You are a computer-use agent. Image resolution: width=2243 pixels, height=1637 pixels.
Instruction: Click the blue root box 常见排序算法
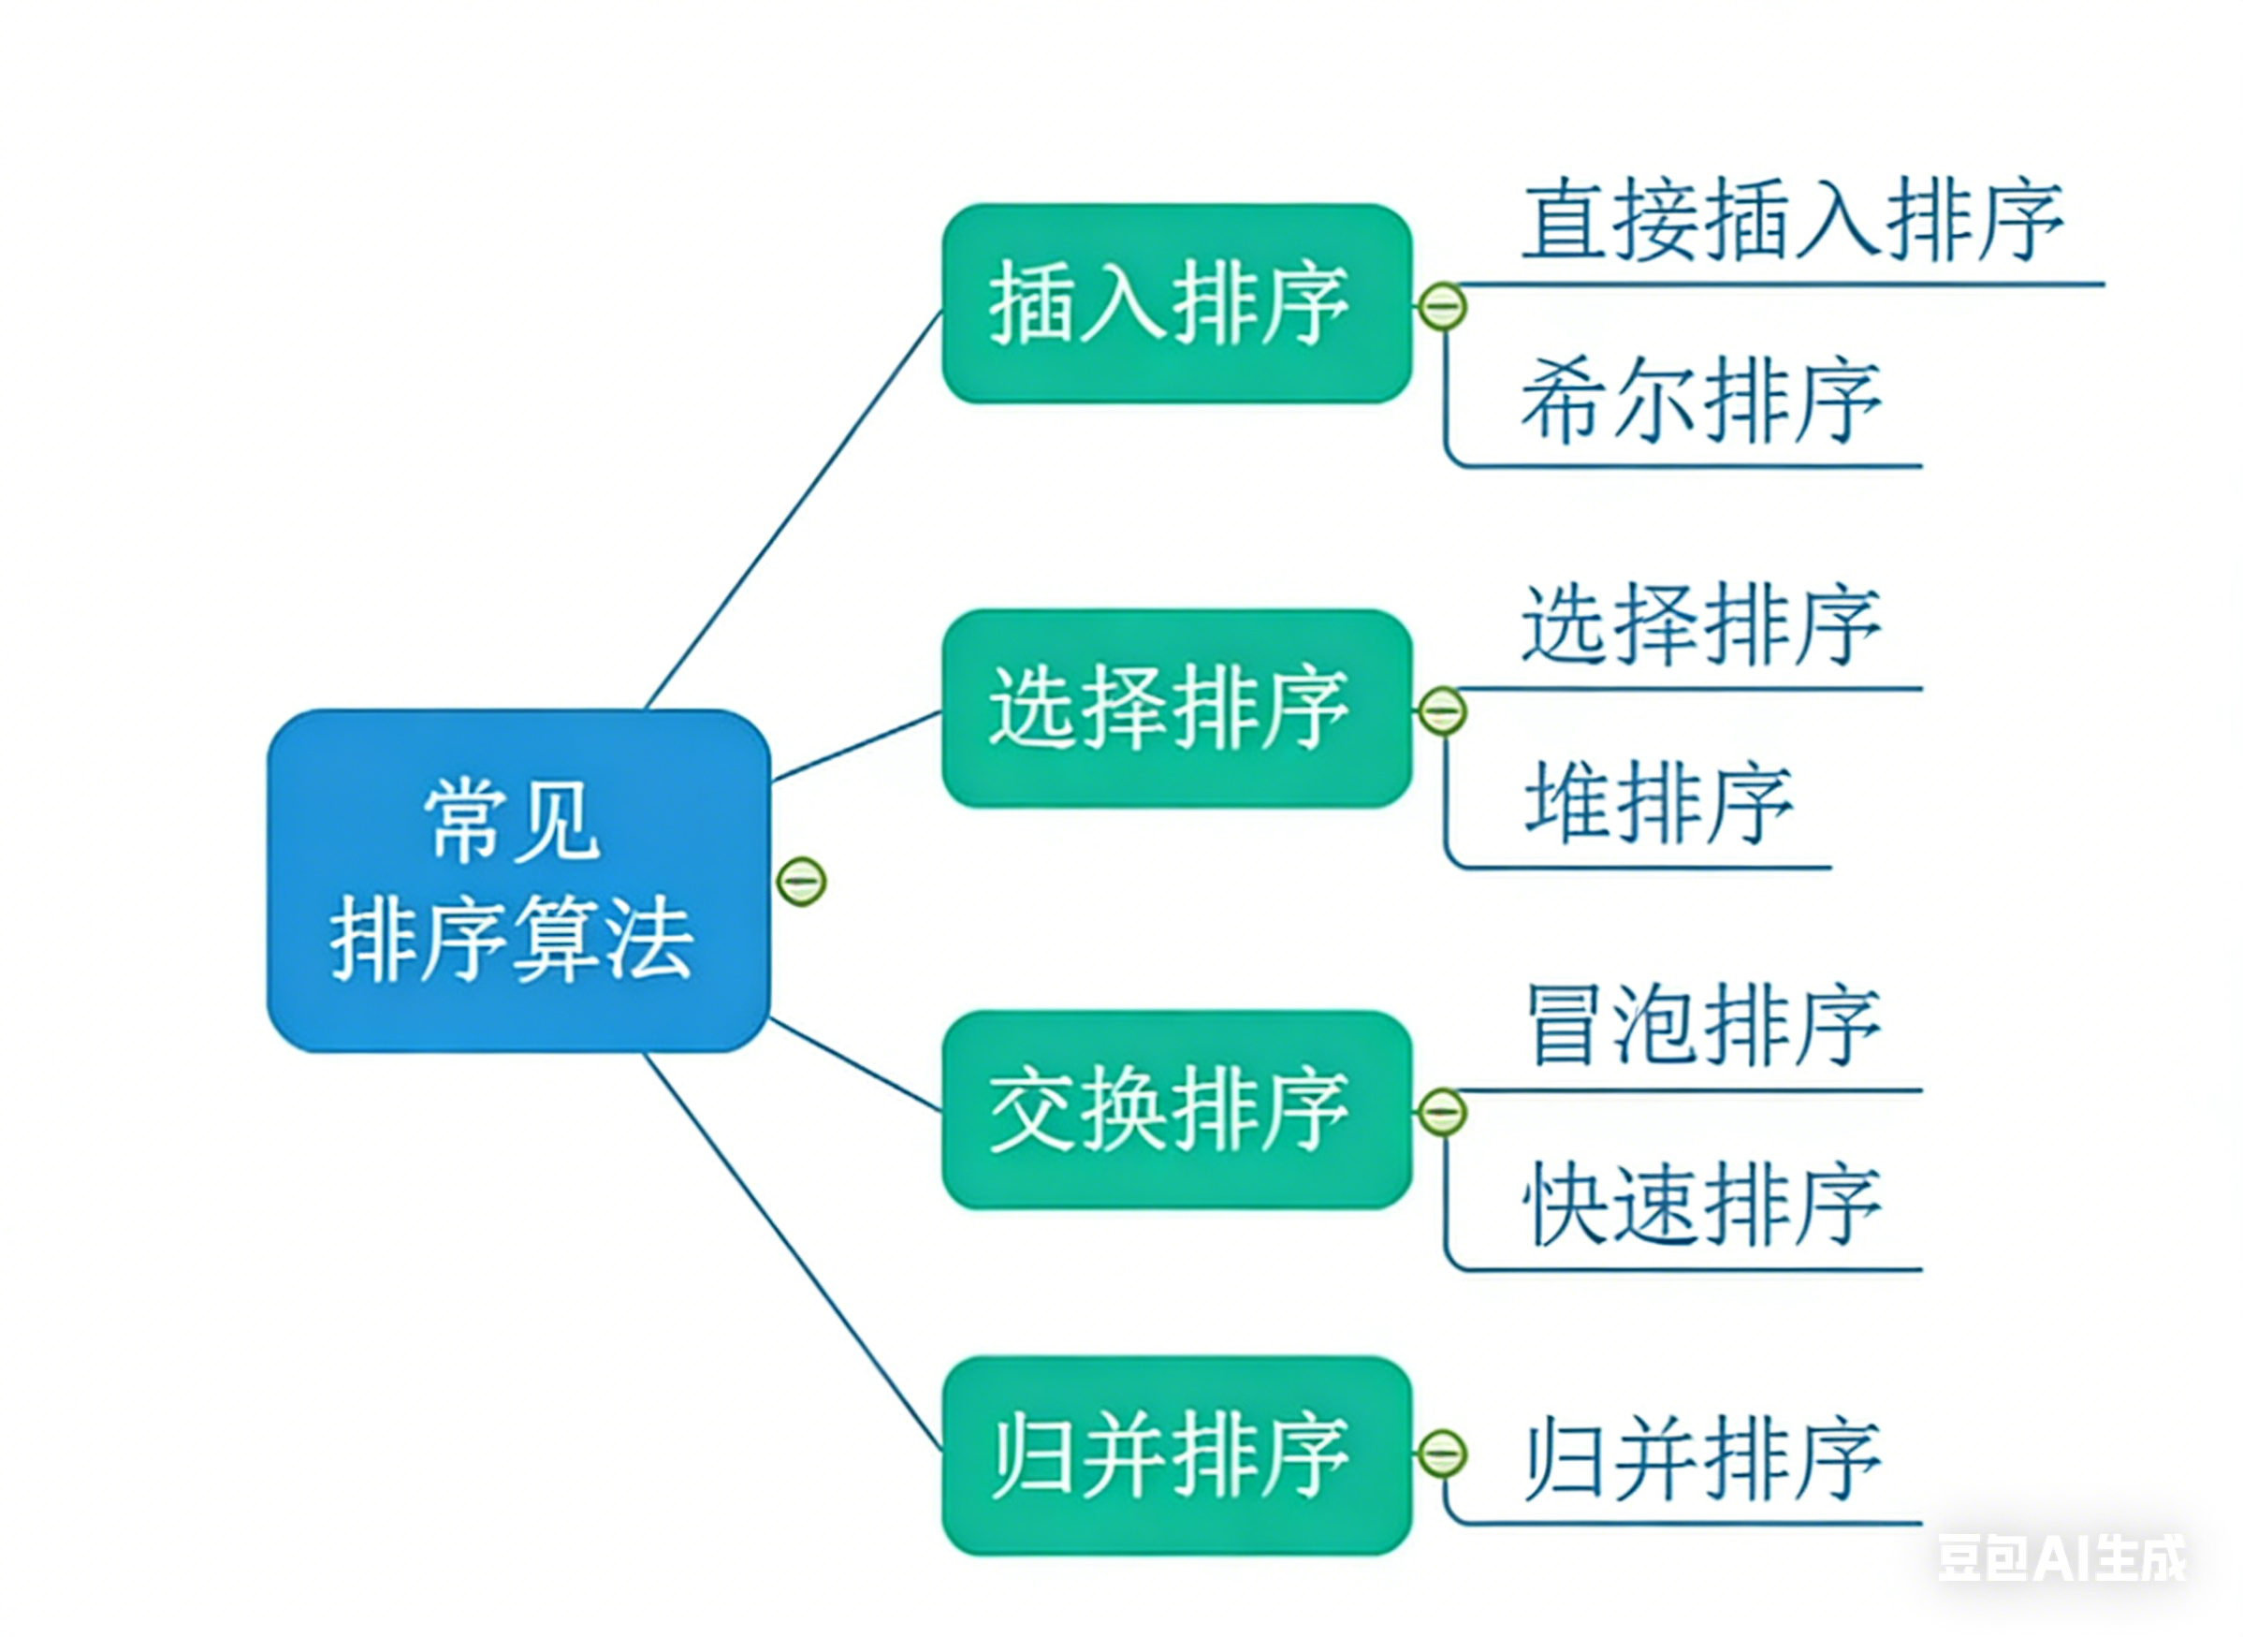517,880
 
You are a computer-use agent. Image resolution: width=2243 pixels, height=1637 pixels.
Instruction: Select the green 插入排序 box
1175,303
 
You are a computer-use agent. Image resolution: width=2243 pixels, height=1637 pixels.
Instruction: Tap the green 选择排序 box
1175,708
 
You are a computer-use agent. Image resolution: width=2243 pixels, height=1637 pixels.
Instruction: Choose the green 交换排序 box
1175,1110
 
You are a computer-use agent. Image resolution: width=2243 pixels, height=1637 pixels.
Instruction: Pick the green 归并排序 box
1175,1454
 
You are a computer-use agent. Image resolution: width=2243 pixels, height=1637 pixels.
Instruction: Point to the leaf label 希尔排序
1700,401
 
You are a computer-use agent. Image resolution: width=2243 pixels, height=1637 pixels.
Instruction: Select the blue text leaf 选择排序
1700,624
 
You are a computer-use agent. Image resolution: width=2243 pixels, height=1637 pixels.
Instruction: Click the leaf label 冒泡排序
1702,1027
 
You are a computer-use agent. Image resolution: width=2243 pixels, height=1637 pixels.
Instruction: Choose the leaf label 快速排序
1702,1205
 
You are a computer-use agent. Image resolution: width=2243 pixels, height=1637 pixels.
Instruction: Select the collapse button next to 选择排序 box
1441,710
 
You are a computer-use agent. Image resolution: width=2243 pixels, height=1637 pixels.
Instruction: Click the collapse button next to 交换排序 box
1441,1112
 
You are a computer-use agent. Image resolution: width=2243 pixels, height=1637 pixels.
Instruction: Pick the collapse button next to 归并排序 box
1441,1454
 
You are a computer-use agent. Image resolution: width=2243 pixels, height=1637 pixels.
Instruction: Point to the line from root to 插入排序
793,510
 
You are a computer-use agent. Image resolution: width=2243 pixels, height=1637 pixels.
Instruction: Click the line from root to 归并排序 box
793,1250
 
